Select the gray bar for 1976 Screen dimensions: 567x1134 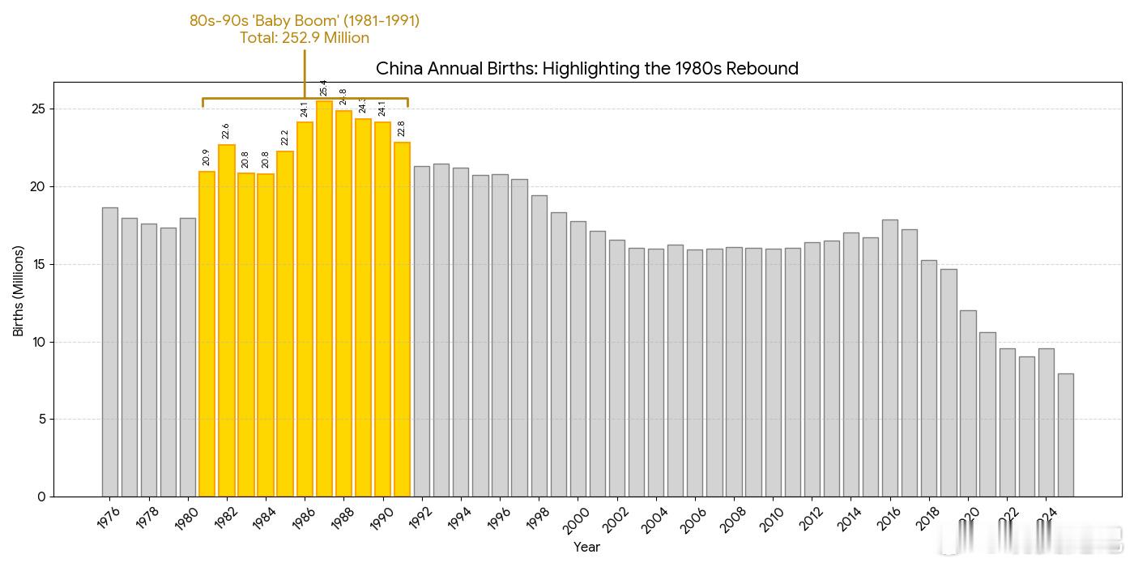pyautogui.click(x=110, y=352)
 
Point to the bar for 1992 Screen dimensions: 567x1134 pyautogui.click(x=422, y=331)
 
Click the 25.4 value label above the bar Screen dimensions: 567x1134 pyautogui.click(x=324, y=87)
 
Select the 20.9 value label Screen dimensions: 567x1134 pyautogui.click(x=207, y=157)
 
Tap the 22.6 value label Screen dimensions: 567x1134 pyautogui.click(x=226, y=131)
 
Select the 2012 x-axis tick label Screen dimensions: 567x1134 pyautogui.click(x=812, y=518)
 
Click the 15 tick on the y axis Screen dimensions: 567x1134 pyautogui.click(x=38, y=264)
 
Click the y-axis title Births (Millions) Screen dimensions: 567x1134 pyautogui.click(x=18, y=291)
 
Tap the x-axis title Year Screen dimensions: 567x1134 pyautogui.click(x=586, y=548)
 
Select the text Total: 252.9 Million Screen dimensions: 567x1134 pyautogui.click(x=305, y=38)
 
